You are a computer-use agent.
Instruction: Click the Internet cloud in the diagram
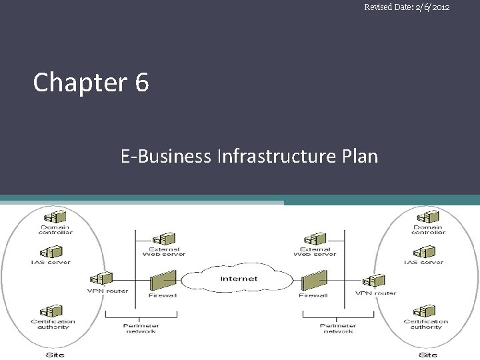click(239, 279)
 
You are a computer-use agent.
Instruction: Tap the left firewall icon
click(163, 281)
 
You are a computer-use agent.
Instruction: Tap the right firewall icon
click(313, 281)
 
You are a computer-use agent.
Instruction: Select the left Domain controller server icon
click(55, 217)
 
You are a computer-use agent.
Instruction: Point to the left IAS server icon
click(50, 252)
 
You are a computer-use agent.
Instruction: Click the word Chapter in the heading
click(79, 83)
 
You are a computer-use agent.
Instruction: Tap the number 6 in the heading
click(141, 83)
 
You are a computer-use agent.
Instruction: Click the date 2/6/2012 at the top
click(426, 7)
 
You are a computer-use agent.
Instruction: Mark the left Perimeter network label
click(141, 329)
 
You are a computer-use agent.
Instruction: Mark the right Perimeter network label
click(338, 329)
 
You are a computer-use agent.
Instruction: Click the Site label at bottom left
click(55, 355)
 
